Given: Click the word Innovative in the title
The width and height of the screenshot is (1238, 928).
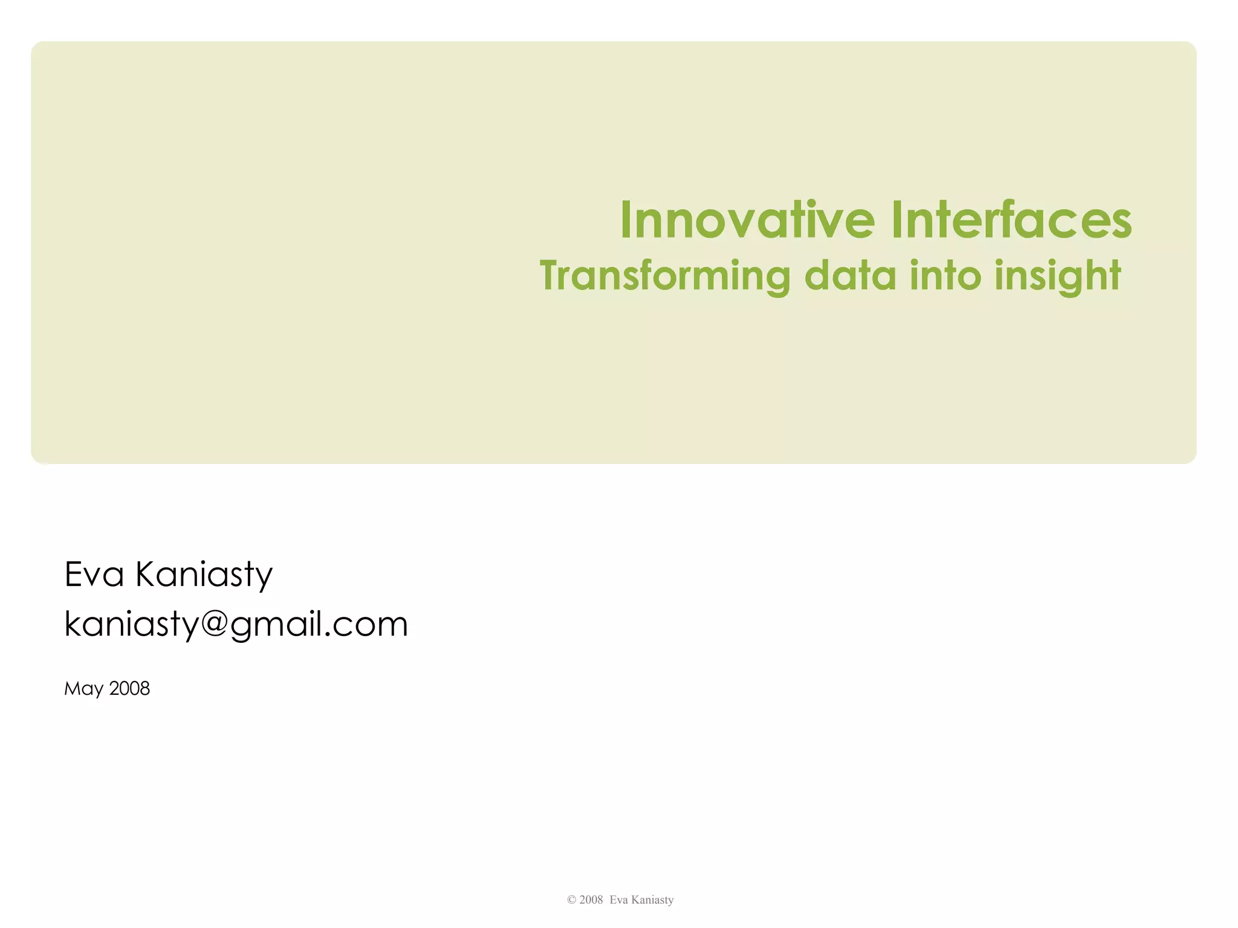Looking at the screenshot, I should click(x=747, y=220).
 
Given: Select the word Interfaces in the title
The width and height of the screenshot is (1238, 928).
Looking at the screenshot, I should click(x=1011, y=220).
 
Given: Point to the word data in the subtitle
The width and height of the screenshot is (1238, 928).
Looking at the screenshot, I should click(x=850, y=276).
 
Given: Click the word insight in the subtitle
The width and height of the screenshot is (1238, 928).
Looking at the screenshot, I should click(x=1058, y=276).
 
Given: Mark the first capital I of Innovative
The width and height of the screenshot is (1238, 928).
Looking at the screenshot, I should click(x=626, y=220).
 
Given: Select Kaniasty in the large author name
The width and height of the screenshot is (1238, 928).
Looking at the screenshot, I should click(x=204, y=574).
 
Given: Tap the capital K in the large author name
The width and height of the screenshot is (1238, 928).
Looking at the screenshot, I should click(x=147, y=574).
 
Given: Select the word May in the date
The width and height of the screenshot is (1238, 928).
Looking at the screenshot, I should click(x=83, y=689).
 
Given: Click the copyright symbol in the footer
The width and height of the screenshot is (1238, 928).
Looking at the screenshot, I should click(x=571, y=900).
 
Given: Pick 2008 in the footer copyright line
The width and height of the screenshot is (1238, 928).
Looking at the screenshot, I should click(x=591, y=900).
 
